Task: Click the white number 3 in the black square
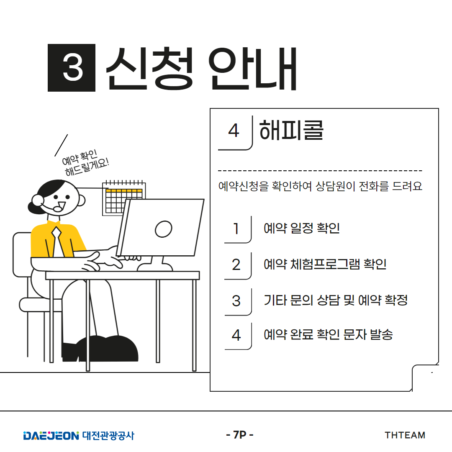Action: [73, 68]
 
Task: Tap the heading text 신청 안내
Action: [201, 68]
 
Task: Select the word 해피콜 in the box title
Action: [291, 130]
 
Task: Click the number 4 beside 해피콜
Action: [234, 131]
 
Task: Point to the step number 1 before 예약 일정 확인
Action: [236, 229]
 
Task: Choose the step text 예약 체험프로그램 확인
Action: [325, 264]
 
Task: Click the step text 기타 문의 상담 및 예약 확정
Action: [336, 300]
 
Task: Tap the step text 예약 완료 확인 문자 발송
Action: [328, 334]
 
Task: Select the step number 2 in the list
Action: [236, 265]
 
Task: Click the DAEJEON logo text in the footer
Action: [51, 436]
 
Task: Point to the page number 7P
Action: [239, 435]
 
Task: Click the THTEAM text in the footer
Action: [405, 435]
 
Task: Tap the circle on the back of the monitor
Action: [164, 229]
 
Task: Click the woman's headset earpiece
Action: [38, 200]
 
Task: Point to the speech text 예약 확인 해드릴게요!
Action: [85, 162]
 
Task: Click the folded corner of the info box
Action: [425, 378]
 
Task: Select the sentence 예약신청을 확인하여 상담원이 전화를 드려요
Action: [320, 186]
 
